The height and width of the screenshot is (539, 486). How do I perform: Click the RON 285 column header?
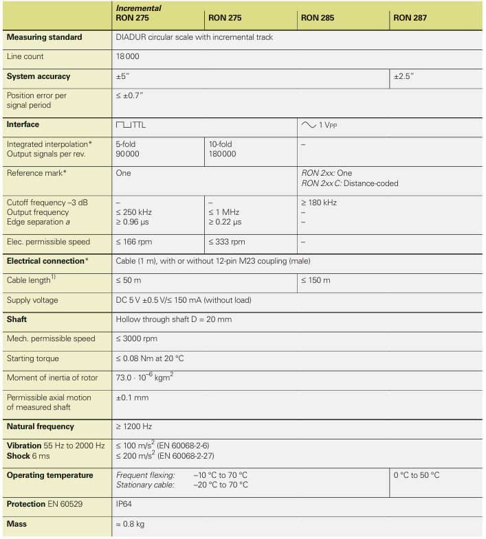(x=320, y=17)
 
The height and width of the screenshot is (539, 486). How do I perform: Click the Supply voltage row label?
(x=33, y=300)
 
